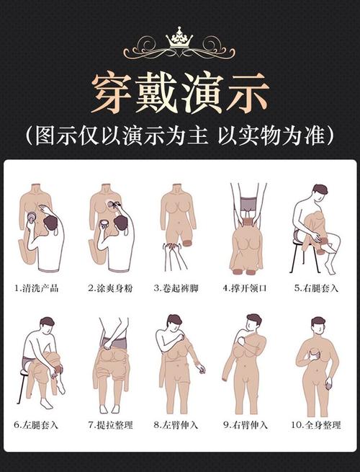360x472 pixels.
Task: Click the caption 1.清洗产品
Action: pos(40,288)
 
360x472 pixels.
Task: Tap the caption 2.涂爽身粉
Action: pos(109,288)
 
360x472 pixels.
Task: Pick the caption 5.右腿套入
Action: pos(316,288)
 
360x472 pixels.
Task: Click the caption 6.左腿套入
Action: pos(40,425)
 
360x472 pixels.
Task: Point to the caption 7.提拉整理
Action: pos(109,425)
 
